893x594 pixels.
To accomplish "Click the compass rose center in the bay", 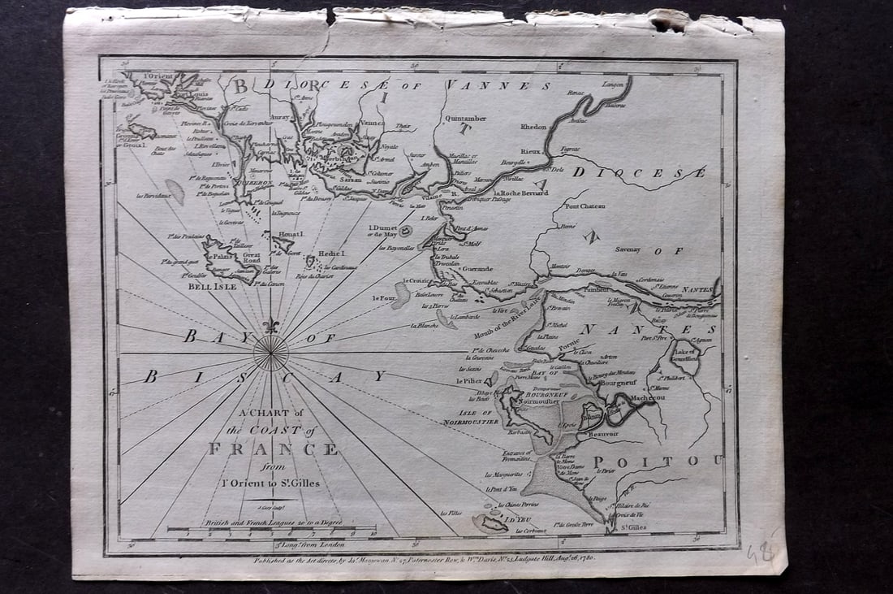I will [x=270, y=353].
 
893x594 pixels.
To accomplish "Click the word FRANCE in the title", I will [x=273, y=449].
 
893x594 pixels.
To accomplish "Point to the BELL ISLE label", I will [x=213, y=286].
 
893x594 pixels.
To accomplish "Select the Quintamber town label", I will [x=465, y=119].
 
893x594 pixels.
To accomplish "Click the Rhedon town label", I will [x=528, y=127].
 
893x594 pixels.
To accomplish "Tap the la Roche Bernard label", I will [x=520, y=193].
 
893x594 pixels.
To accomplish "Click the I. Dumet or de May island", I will [x=405, y=231].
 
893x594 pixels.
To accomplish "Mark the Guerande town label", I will [x=478, y=267].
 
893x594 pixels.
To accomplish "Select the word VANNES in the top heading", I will [x=498, y=85].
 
